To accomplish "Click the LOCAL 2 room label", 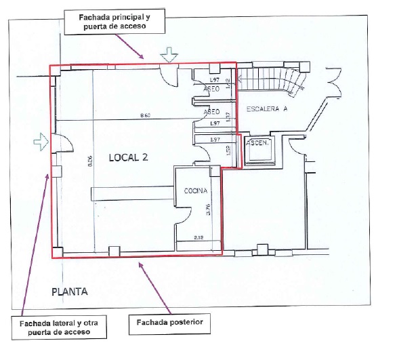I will click(x=128, y=157).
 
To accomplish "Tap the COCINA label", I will click(x=195, y=192).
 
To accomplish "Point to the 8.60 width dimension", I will click(x=145, y=116).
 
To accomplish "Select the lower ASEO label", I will click(x=211, y=112).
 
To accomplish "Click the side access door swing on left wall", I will click(x=62, y=144).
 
